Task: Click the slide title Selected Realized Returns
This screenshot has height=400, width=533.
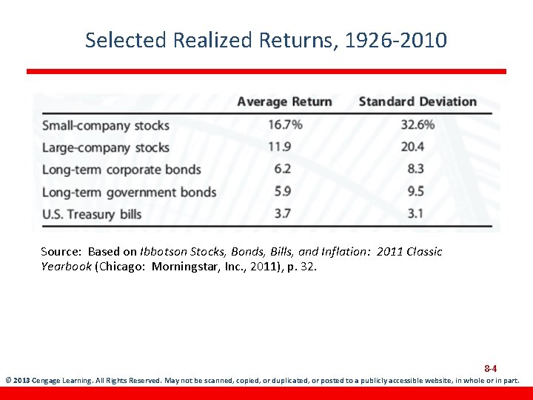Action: pos(266,40)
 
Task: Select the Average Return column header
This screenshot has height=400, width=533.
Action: pos(284,101)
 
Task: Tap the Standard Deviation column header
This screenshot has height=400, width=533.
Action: pos(418,101)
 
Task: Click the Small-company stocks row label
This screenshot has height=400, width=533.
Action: pos(106,125)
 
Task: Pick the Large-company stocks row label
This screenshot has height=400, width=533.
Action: pos(106,147)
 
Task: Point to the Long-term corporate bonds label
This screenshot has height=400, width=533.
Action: pos(121,170)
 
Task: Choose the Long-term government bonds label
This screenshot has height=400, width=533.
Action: pos(129,192)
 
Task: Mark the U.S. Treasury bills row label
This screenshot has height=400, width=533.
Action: pos(92,214)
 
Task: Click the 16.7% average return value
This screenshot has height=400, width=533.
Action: pos(285,124)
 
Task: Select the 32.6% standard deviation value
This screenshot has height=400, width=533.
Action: pos(418,124)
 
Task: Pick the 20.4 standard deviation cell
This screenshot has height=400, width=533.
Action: pos(412,147)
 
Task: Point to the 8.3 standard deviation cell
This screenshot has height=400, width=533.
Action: pos(415,169)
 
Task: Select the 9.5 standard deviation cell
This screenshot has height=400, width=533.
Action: pos(415,191)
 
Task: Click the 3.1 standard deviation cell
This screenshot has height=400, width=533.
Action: pos(415,213)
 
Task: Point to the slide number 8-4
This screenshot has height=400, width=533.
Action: pos(490,368)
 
